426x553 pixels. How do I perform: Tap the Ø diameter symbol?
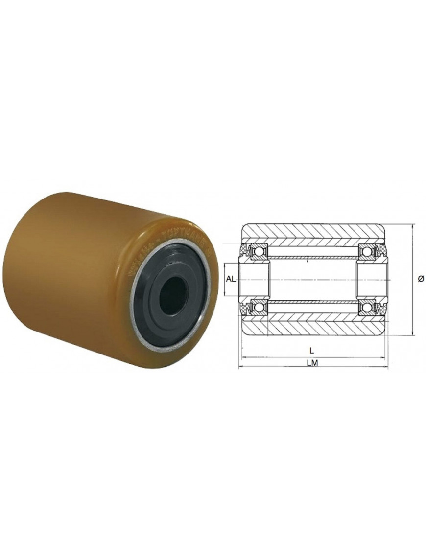pos(421,279)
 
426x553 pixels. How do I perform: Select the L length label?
pos(311,350)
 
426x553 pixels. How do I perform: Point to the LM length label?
pos(312,363)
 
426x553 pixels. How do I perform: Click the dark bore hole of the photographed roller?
pos(174,294)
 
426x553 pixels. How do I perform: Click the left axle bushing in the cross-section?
pos(255,279)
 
